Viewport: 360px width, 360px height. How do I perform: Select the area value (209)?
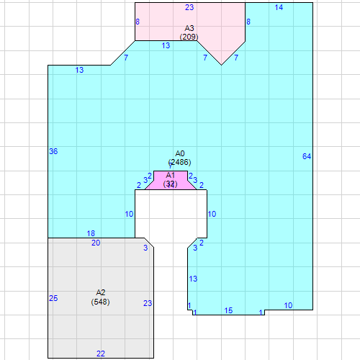190,36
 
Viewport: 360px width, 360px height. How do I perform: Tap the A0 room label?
180,153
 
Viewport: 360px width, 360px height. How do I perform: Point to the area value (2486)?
180,162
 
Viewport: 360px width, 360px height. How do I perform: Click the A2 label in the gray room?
101,292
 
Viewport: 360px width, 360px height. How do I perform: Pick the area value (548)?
101,302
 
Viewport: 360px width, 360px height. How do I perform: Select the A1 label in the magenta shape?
171,175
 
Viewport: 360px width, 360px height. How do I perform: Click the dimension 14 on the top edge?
279,7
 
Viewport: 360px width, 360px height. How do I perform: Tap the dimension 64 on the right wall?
307,156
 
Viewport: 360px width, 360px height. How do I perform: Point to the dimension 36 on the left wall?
53,151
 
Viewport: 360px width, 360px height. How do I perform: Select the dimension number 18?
91,233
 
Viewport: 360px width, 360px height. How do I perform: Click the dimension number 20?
96,243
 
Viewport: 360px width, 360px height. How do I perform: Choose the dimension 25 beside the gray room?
53,298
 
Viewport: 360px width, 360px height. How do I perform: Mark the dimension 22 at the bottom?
101,354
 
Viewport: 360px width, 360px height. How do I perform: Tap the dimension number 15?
228,310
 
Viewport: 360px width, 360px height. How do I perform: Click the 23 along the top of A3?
189,7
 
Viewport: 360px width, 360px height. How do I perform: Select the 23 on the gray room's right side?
148,303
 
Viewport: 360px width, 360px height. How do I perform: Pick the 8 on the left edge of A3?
138,22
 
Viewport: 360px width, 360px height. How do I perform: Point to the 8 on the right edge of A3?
248,22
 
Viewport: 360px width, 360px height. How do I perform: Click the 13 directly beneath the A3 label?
166,45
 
